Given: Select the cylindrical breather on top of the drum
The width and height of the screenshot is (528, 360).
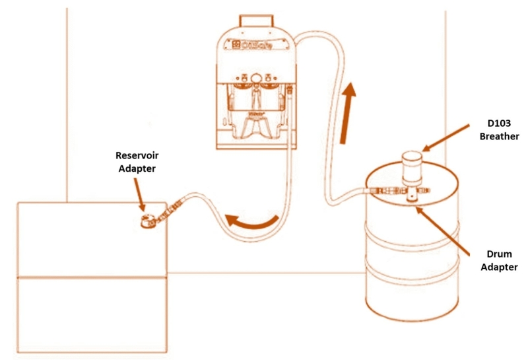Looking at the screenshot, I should tap(412, 166).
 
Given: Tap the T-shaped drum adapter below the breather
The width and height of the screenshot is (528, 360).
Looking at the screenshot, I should tap(412, 192).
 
